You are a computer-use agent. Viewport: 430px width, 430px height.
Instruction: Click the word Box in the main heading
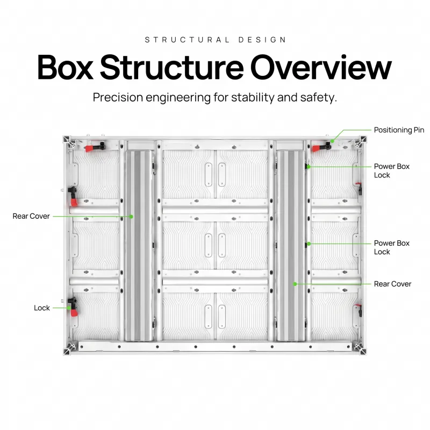[x=65, y=67]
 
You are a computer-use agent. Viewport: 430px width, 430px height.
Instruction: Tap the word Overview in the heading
[x=321, y=67]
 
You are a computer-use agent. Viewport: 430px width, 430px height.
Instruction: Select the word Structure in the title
[x=171, y=67]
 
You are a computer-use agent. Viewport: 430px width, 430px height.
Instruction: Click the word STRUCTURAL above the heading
[x=187, y=40]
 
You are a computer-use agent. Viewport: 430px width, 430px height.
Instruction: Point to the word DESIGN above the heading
[x=262, y=40]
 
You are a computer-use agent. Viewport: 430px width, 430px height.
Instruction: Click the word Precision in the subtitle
[x=118, y=97]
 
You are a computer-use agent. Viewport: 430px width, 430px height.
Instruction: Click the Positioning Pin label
[x=399, y=130]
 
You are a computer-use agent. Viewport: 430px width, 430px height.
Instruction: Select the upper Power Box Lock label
[x=392, y=170]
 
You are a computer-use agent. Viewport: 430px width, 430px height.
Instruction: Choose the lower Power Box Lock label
[x=392, y=247]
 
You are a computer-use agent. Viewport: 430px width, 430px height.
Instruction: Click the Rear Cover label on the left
[x=31, y=216]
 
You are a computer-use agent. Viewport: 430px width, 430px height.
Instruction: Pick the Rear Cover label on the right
[x=392, y=284]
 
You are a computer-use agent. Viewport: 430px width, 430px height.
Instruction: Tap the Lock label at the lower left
[x=42, y=308]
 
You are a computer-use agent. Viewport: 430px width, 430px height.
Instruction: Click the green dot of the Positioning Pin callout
[x=332, y=141]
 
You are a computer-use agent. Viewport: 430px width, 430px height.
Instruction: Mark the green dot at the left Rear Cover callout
[x=131, y=217]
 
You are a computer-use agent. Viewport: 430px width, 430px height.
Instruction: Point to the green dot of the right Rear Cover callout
[x=295, y=284]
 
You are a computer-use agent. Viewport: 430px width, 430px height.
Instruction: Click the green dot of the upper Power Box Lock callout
[x=309, y=167]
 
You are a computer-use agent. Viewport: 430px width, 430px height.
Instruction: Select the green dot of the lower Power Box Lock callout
[x=309, y=244]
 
